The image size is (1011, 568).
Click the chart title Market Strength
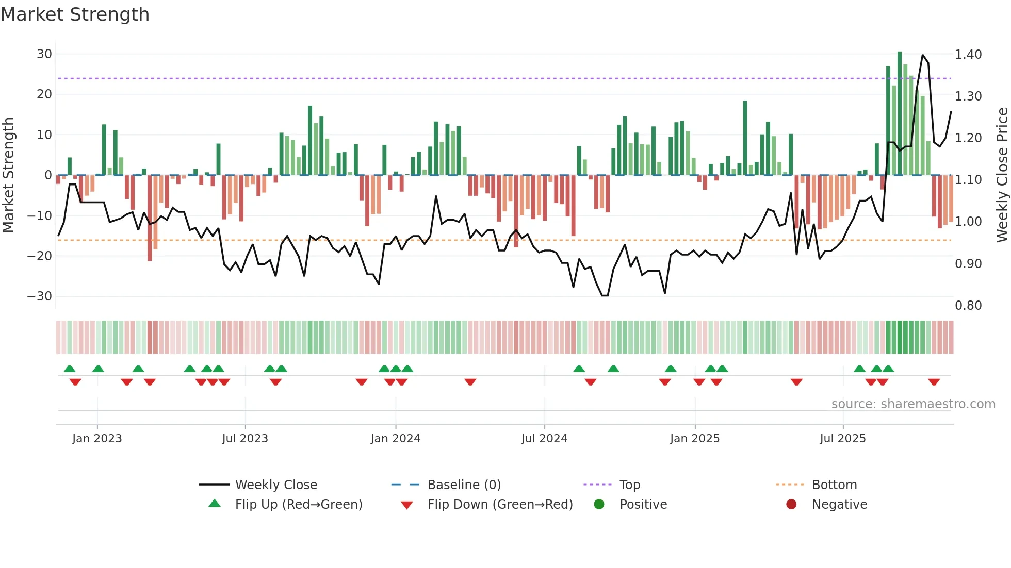pos(75,14)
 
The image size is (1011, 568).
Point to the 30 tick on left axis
pos(44,54)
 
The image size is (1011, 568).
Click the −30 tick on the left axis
pos(40,296)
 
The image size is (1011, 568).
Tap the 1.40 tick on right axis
pos(968,55)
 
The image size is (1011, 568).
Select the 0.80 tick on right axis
pos(968,306)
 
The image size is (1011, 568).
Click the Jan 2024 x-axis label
pos(395,439)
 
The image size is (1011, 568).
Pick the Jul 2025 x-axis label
pos(842,439)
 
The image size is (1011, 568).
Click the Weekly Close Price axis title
pos(1002,175)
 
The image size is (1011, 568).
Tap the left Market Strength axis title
pos(9,175)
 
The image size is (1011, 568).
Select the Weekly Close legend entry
pos(275,485)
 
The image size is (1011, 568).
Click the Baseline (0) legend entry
pos(464,485)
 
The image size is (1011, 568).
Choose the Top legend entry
pos(629,485)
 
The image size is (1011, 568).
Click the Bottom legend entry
pos(834,485)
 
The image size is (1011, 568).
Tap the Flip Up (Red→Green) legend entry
pos(298,505)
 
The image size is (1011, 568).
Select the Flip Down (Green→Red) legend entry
pos(499,505)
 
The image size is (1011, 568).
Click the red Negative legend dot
pos(791,504)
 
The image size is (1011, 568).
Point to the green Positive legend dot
pos(599,504)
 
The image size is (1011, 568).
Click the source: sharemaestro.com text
pos(913,404)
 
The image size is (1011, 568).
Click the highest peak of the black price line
pos(923,55)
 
